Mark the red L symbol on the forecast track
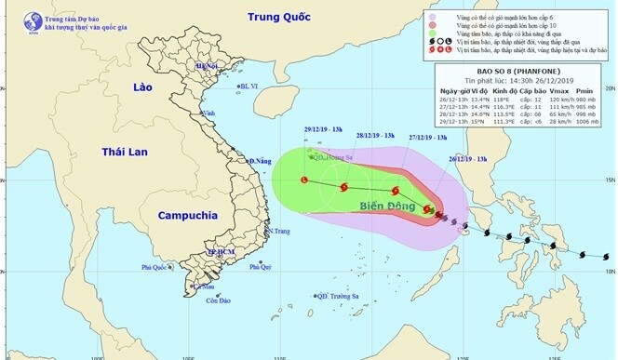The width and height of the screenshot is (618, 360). click(x=303, y=180)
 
